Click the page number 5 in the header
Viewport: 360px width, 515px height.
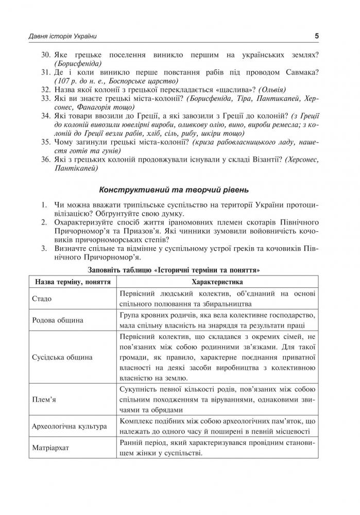coord(316,36)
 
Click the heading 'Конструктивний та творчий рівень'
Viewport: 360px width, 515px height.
coord(179,188)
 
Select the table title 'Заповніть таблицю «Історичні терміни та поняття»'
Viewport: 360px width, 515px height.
coord(179,269)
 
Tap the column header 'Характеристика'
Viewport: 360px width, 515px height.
coord(217,283)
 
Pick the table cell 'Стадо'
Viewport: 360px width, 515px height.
coord(42,298)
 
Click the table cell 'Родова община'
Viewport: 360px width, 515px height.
coord(57,320)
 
